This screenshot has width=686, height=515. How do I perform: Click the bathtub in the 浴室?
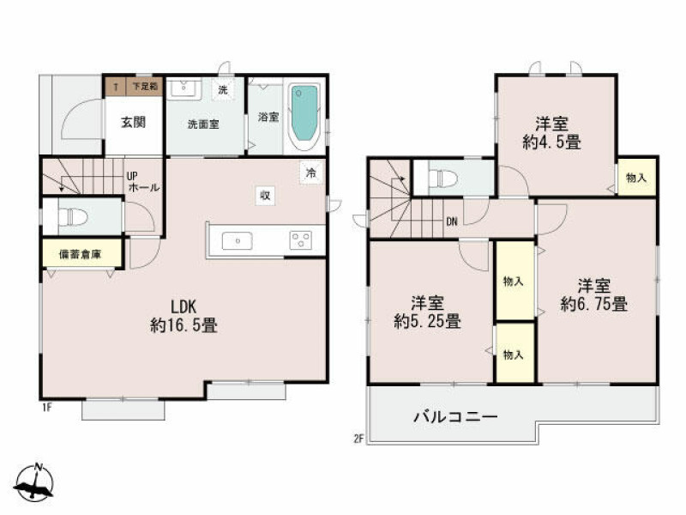304,115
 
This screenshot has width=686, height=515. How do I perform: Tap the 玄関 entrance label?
134,123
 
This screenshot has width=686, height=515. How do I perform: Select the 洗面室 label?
203,124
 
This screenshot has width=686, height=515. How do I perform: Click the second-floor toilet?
442,179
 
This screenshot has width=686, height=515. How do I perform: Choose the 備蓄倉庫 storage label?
80,254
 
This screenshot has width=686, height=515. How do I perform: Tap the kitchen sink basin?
238,241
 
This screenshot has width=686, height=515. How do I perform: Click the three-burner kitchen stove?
301,240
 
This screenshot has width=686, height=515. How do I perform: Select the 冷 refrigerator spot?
311,173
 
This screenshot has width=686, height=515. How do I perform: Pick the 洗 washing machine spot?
223,90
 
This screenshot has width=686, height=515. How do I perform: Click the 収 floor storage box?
265,196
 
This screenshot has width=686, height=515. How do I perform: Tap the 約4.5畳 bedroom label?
551,133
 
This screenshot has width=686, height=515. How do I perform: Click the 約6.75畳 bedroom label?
594,295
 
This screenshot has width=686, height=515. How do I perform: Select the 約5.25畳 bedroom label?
427,312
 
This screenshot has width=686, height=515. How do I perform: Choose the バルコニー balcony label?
455,416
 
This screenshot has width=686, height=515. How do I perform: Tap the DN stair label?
452,221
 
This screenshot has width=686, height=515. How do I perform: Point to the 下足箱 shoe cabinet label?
145,87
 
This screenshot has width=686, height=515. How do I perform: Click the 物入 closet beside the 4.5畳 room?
636,178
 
